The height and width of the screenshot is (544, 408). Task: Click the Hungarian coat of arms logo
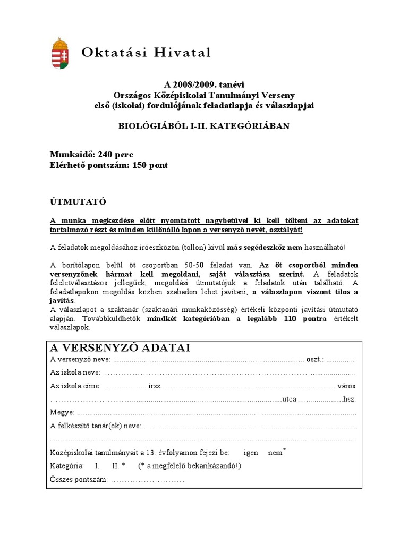[x=59, y=54]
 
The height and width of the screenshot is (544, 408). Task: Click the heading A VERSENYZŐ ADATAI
[x=120, y=348]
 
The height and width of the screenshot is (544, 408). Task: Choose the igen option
[x=251, y=453]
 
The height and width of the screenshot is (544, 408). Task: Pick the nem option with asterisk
[x=276, y=453]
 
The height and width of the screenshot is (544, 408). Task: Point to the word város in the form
[x=346, y=386]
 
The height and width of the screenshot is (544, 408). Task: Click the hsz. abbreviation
[x=349, y=399]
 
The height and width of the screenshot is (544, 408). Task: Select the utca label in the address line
[x=290, y=399]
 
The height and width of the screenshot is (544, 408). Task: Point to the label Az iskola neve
[x=74, y=372]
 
